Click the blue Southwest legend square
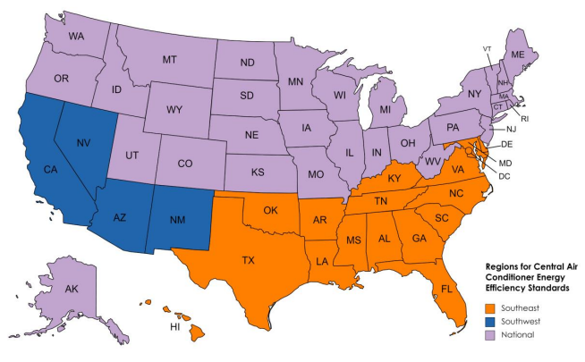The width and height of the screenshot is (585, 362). point(489,319)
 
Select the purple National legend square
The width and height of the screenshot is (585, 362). point(489,334)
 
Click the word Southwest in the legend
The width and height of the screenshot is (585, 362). point(520,319)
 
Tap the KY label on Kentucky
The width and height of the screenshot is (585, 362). point(394,179)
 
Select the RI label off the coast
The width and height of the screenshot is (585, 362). point(525,117)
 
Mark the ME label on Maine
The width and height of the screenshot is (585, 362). point(517,55)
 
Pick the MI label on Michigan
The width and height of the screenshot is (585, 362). point(386,110)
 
